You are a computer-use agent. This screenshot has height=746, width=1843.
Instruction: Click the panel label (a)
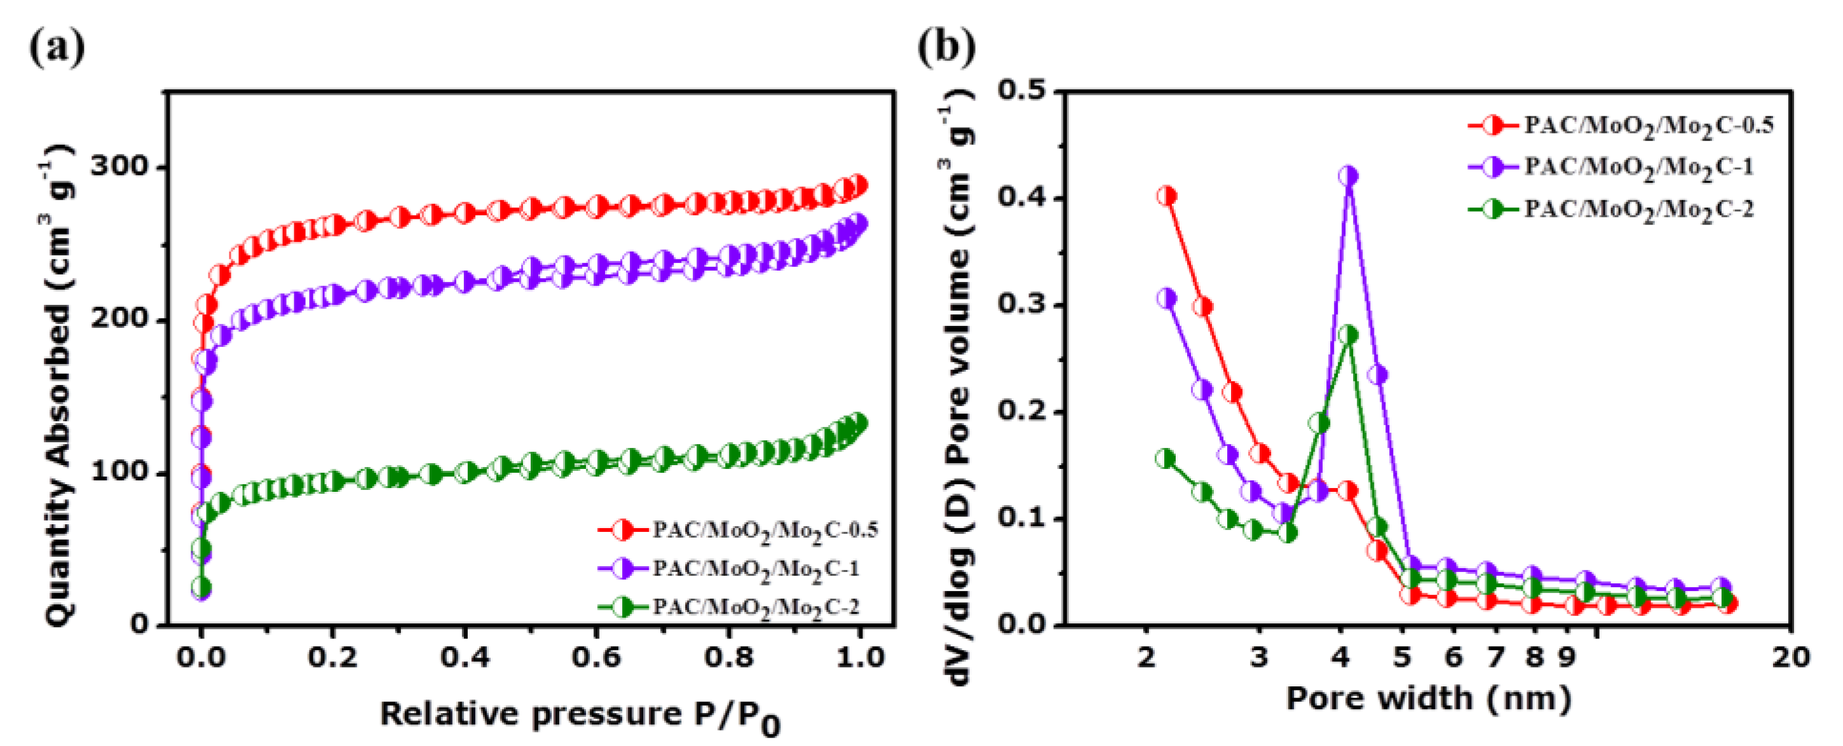pos(57,47)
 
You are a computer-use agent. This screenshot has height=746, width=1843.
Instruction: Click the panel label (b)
pos(946,47)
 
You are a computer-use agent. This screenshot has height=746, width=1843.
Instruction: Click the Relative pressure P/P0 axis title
pos(579,715)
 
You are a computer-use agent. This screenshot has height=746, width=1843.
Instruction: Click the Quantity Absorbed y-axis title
pos(57,386)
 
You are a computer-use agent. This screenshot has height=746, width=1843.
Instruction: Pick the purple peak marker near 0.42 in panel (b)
pos(1349,176)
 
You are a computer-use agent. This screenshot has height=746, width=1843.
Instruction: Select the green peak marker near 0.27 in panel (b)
pos(1348,334)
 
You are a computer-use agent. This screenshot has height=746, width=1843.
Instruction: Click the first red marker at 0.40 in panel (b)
pos(1167,196)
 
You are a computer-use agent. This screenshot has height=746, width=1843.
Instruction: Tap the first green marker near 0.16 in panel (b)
pos(1166,459)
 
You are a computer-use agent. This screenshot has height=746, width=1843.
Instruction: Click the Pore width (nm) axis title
pos(1428,697)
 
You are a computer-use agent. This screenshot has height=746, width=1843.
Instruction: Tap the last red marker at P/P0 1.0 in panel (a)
pos(858,186)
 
